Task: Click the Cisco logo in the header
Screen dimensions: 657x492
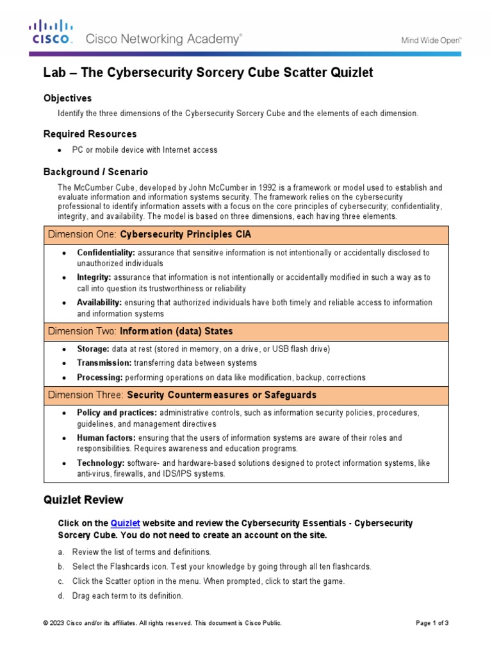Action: pos(52,33)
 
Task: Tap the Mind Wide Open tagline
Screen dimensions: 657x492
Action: pos(431,40)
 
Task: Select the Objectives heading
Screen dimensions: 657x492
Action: pos(67,98)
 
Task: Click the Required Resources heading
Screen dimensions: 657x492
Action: pos(90,134)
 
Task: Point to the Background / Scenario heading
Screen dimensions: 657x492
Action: pos(95,172)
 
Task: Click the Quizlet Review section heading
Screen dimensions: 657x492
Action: pos(83,500)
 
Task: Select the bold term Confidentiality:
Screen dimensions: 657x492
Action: pos(106,253)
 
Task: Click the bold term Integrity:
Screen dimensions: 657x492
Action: pos(94,277)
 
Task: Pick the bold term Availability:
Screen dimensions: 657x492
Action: pos(99,302)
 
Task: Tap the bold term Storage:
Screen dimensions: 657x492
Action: pos(94,349)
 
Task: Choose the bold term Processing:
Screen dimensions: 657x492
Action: pos(100,377)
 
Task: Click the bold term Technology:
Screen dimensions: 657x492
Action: pos(101,463)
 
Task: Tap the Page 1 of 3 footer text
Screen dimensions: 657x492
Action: pos(432,623)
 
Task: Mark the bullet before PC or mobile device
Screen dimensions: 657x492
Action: pos(60,150)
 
